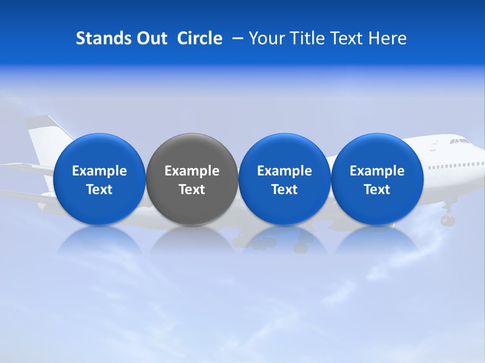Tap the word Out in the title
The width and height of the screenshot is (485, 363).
point(151,38)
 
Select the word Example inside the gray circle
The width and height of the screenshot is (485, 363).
point(192,171)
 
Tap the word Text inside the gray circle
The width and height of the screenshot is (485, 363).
point(192,190)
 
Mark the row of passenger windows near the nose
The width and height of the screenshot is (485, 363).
point(452,165)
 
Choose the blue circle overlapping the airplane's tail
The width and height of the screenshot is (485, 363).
point(100,179)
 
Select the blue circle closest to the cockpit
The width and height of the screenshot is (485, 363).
point(377,179)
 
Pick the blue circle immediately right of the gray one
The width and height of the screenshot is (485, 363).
point(284,179)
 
